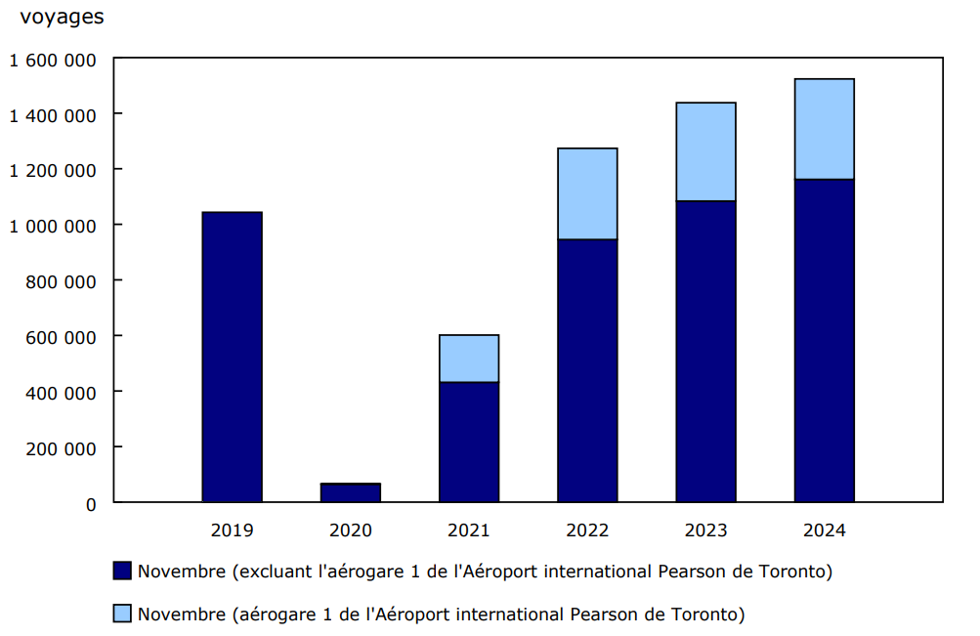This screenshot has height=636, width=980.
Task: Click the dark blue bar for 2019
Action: [232, 357]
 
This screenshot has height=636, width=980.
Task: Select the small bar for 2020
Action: [351, 492]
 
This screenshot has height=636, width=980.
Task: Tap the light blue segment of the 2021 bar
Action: [469, 359]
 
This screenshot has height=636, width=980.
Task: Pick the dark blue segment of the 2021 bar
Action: [469, 442]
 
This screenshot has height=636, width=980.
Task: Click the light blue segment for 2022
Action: [587, 193]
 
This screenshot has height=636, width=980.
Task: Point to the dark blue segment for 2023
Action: [705, 352]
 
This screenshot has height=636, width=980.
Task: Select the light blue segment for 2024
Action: [824, 129]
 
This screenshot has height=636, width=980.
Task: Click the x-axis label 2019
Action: [232, 530]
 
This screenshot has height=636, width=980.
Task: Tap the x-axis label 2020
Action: [351, 530]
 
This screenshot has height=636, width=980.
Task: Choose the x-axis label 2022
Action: [587, 530]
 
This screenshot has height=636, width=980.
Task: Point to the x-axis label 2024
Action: [824, 530]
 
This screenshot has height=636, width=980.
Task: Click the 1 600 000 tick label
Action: [54, 60]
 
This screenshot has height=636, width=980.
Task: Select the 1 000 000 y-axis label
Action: [54, 226]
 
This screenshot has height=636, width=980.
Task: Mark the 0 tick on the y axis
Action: [91, 504]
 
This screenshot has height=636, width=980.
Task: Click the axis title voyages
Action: [62, 17]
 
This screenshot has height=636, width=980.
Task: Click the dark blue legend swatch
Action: [122, 571]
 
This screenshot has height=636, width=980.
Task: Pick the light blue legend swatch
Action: [122, 614]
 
